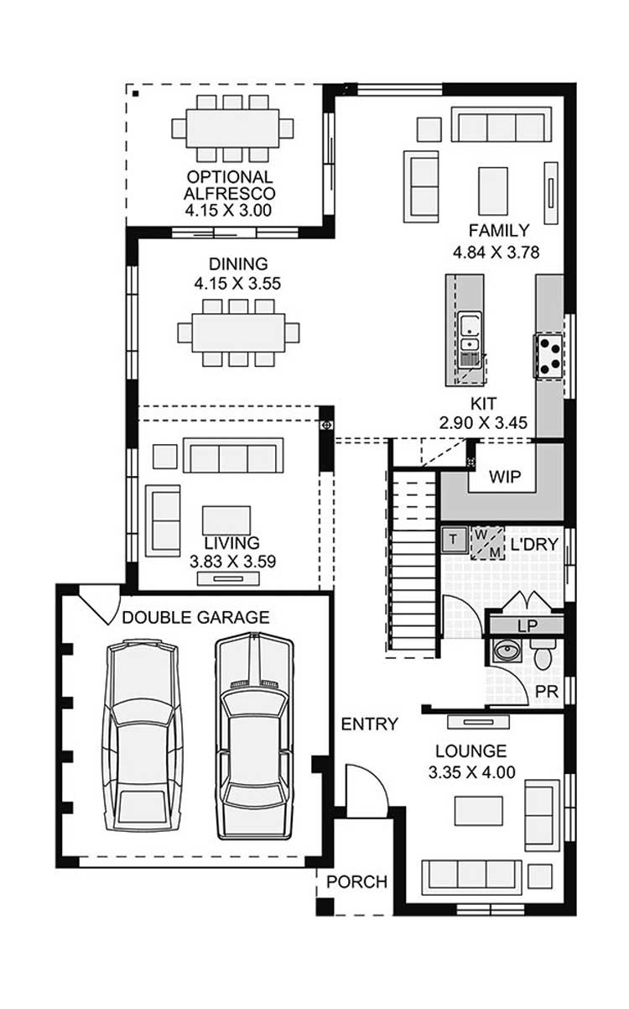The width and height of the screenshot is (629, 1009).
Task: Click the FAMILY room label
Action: click(499, 231)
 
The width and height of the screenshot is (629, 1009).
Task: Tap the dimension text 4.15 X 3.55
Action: click(237, 284)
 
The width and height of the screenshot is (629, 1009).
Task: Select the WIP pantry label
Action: click(505, 477)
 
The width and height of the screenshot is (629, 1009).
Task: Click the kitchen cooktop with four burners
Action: click(548, 355)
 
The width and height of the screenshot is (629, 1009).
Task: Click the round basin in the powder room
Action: click(507, 651)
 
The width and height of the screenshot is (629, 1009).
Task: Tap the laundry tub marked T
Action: click(454, 539)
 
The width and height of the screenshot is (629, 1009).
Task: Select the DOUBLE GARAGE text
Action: click(195, 618)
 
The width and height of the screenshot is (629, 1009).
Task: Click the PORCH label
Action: click(356, 882)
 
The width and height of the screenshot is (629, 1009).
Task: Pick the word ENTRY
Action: click(369, 724)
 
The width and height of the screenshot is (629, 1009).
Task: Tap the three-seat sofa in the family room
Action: click(502, 125)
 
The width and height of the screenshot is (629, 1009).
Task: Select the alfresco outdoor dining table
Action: click(232, 128)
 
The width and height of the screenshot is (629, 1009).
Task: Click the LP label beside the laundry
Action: click(527, 625)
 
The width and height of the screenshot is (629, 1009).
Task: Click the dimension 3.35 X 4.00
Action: click(471, 772)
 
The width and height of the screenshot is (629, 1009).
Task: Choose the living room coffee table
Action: click(226, 520)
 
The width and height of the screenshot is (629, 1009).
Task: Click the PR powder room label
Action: click(547, 691)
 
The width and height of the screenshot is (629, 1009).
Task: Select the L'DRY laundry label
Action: click(534, 545)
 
